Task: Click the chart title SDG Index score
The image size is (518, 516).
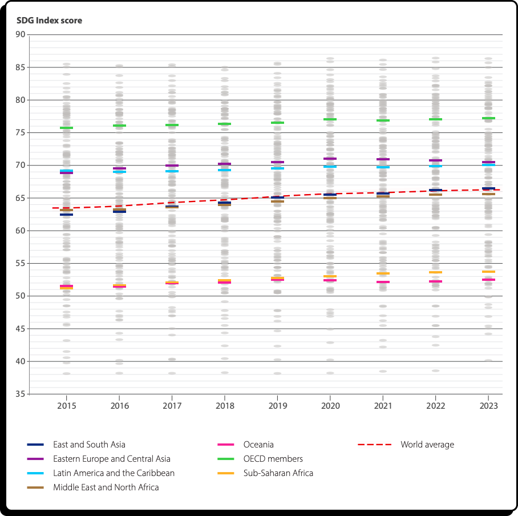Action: point(49,21)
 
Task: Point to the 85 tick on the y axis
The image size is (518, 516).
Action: point(21,67)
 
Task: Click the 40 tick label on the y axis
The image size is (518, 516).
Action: point(21,361)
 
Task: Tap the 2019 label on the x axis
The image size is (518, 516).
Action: point(277,406)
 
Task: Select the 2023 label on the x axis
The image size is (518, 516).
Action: point(488,406)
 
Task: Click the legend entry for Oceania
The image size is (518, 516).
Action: point(258,445)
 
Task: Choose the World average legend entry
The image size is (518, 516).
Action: point(427,445)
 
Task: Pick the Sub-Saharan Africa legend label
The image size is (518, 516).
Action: point(278,473)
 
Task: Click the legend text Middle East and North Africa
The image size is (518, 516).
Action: point(106,487)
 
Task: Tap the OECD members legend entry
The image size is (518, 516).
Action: point(273,459)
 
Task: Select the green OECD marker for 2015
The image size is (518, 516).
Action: point(66,128)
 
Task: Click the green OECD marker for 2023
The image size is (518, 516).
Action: point(488,118)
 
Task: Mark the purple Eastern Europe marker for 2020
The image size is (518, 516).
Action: point(330,159)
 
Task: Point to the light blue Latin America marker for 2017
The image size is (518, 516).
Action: point(172,171)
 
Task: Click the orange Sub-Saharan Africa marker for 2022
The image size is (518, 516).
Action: point(435,272)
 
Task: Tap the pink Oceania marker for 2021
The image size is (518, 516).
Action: point(383,282)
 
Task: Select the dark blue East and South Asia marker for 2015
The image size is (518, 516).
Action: point(66,215)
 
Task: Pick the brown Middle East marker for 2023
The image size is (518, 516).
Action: point(488,194)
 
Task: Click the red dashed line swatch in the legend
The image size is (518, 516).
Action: point(374,445)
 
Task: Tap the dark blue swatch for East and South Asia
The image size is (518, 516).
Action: point(35,445)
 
